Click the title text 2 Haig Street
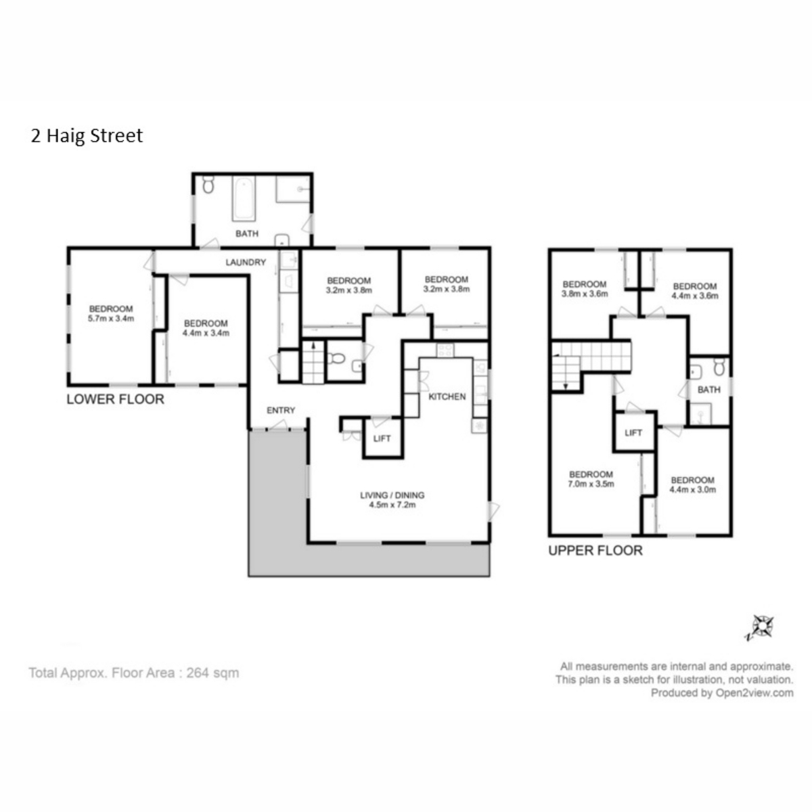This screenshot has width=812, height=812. pos(87,136)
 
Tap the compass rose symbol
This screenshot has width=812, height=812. pos(763,626)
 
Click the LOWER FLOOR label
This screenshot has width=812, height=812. pos(115,399)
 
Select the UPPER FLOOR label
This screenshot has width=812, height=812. pos(595,551)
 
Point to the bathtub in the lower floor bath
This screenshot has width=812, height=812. pos(244,198)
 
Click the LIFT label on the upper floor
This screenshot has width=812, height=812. pos(633,433)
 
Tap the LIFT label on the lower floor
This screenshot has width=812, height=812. pos(382,438)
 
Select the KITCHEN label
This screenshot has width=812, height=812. pos(447,397)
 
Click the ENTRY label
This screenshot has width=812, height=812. pos(281,410)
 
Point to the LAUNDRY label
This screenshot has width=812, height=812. pos(246,263)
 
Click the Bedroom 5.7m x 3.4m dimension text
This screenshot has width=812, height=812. pos(110,318)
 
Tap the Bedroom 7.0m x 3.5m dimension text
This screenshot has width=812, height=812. pos(591,484)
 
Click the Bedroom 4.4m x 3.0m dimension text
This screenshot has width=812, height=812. pos(692,489)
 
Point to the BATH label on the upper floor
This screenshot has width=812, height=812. pos(708,390)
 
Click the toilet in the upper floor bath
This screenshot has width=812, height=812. pos(719,367)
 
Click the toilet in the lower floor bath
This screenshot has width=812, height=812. pos(208,184)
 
